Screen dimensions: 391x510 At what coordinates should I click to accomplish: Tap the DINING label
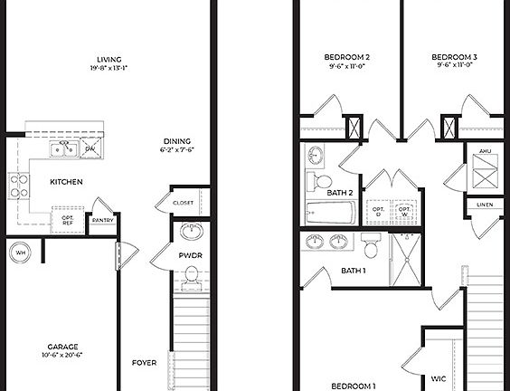click(176, 140)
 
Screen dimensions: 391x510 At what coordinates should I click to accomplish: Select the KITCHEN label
click(66, 182)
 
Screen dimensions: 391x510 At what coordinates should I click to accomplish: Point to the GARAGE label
click(62, 347)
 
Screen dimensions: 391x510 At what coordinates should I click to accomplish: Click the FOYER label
click(144, 363)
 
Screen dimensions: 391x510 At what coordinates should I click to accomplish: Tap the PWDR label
click(189, 256)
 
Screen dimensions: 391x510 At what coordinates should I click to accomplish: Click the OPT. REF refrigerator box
click(68, 218)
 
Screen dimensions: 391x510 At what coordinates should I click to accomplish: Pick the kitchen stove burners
click(18, 186)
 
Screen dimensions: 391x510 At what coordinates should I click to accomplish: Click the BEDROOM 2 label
click(347, 57)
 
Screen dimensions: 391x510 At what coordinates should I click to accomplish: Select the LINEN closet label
click(485, 205)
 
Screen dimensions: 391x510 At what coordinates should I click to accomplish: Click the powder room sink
click(192, 231)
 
